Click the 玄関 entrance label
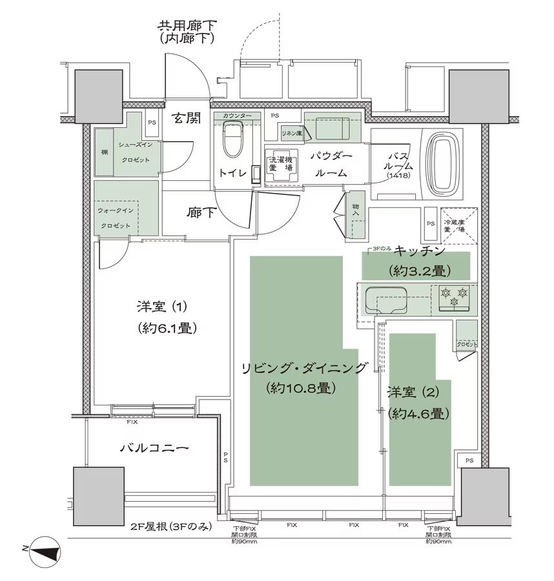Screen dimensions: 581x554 (x=186, y=118)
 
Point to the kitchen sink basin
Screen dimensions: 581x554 (x=385, y=300)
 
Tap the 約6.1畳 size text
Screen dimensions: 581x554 (x=167, y=328)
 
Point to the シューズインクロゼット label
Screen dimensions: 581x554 (x=134, y=153)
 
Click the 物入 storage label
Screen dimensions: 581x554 (x=355, y=211)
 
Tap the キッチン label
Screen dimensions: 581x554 (x=418, y=252)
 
